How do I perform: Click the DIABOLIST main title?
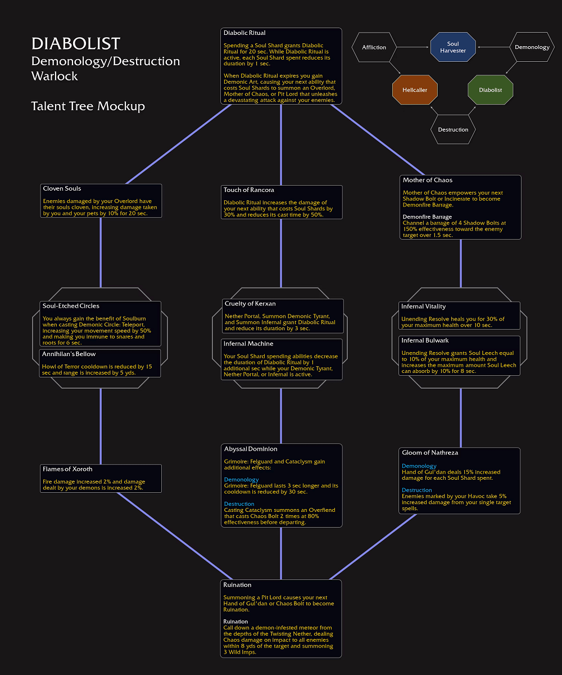[75, 44]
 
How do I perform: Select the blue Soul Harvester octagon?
[453, 47]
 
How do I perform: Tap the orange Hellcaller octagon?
[415, 90]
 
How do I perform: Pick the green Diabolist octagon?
[490, 90]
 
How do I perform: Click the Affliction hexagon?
[374, 47]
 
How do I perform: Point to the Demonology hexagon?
[532, 47]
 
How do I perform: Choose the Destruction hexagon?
[453, 129]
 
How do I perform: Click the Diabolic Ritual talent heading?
[244, 33]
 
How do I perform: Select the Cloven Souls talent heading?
[62, 188]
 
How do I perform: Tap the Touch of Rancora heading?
[249, 190]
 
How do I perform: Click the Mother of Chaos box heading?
[427, 180]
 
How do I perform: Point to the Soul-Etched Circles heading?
[71, 306]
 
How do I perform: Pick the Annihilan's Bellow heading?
[69, 354]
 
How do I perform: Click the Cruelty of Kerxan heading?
[250, 304]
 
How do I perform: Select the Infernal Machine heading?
[248, 344]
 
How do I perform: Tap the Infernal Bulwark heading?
[425, 340]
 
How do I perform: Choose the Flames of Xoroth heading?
[67, 469]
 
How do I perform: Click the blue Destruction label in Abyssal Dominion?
[239, 504]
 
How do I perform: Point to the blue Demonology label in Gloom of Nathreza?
[419, 466]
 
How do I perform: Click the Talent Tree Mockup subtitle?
[88, 106]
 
